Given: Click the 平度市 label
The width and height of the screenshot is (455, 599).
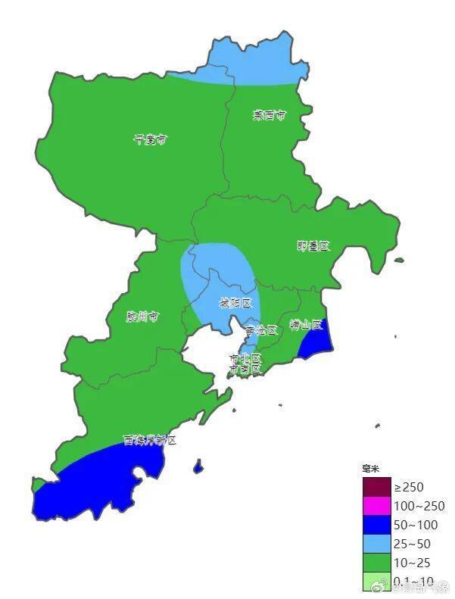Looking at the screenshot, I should point(150,139).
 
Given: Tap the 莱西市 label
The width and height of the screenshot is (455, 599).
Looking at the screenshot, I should point(269,116).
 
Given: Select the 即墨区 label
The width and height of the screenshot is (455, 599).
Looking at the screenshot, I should point(313,246).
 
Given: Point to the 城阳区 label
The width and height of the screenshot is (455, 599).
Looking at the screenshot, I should point(235,303).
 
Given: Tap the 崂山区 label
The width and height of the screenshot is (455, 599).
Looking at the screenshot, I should point(307,326).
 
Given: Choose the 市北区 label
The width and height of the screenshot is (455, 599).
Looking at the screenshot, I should point(245,357).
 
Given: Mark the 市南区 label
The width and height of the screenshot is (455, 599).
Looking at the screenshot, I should point(245,369).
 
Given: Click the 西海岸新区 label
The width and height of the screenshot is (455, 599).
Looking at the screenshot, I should point(150,440).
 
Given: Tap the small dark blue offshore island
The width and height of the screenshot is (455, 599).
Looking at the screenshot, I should point(198,466).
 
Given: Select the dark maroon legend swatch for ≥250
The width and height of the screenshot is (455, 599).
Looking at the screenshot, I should point(376,487).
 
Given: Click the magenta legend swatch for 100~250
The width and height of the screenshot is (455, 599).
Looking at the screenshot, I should point(376,506).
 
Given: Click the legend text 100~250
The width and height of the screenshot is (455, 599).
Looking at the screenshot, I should point(419,506).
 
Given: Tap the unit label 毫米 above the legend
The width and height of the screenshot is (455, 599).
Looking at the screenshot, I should point(369,470).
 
